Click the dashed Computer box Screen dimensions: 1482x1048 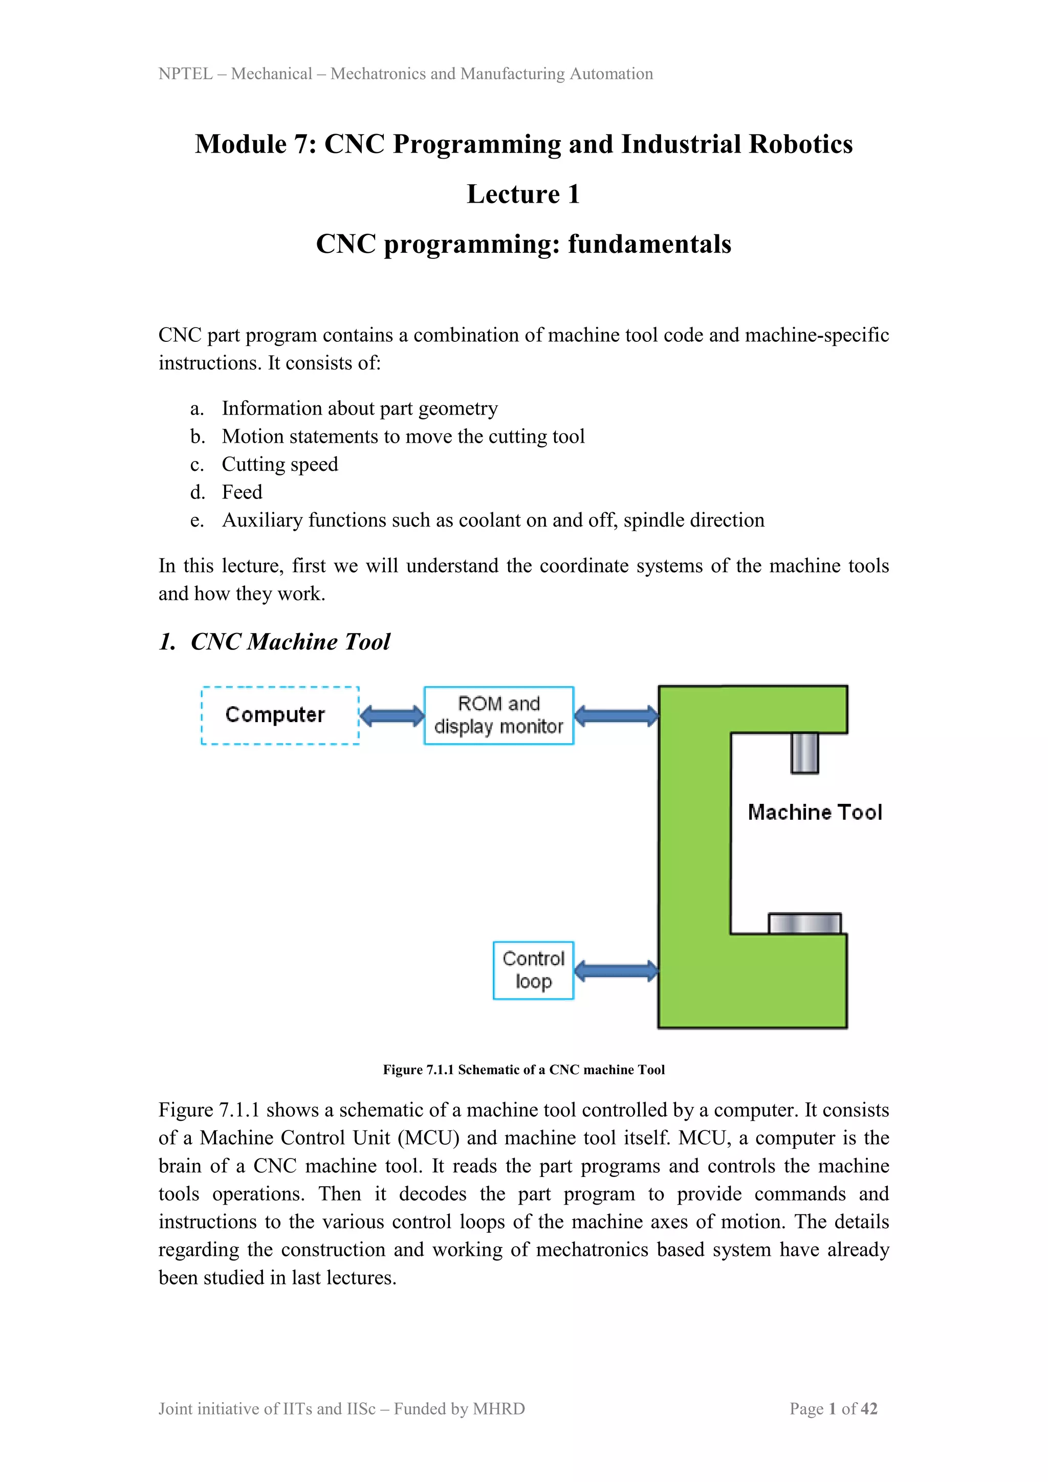point(280,715)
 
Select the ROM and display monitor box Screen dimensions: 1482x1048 point(498,715)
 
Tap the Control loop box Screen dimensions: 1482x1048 point(533,970)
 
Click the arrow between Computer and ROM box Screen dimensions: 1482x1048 point(391,715)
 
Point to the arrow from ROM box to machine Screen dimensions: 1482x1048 point(616,715)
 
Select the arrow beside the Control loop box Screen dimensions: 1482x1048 point(616,970)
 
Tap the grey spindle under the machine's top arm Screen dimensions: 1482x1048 point(805,753)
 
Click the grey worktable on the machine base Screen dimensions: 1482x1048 point(805,924)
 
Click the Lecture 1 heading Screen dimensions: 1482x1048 point(523,194)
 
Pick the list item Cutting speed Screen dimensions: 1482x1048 point(279,464)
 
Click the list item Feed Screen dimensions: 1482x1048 point(242,492)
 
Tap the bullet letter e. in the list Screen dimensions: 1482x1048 point(197,520)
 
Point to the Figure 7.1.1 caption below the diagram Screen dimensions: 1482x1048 point(523,1070)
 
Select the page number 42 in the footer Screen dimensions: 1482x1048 point(869,1408)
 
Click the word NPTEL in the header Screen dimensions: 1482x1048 point(185,74)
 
